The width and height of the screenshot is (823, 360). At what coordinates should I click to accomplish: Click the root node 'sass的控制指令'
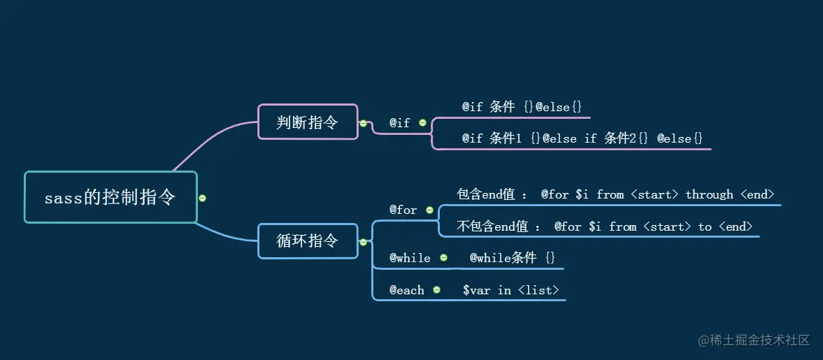110,198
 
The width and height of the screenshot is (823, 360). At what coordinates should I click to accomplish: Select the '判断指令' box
308,122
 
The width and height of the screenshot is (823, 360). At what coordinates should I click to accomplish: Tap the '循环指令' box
308,241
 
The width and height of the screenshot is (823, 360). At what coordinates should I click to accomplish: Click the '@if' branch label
400,122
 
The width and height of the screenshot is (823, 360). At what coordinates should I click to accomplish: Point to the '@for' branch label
403,210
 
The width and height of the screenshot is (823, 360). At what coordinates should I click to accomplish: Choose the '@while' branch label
410,258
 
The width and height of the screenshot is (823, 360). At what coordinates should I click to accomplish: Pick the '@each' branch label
407,290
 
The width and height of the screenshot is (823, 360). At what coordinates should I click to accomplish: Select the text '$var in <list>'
510,290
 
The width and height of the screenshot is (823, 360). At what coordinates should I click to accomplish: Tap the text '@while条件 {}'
512,258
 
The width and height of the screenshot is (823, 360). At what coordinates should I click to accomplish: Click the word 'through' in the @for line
709,194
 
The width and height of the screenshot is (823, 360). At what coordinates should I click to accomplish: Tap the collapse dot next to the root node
203,198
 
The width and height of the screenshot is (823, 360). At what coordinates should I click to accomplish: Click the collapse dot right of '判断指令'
363,123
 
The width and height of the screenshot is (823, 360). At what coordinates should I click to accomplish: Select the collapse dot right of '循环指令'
363,242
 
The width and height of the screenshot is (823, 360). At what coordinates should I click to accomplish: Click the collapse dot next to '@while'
443,258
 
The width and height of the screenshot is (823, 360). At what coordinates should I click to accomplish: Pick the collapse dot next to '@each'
436,289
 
